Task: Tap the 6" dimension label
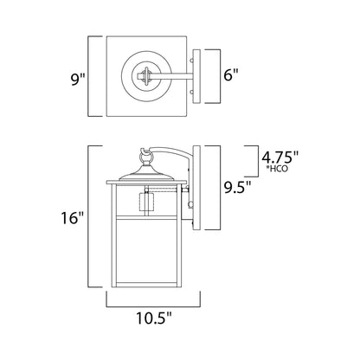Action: click(x=231, y=74)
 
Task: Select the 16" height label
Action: click(x=72, y=217)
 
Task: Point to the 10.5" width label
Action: click(x=154, y=318)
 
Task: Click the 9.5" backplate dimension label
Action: click(x=237, y=187)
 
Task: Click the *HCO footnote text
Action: click(x=277, y=169)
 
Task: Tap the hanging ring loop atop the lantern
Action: click(x=145, y=157)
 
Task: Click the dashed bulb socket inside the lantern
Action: click(x=146, y=202)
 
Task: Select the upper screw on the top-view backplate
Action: click(x=191, y=61)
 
